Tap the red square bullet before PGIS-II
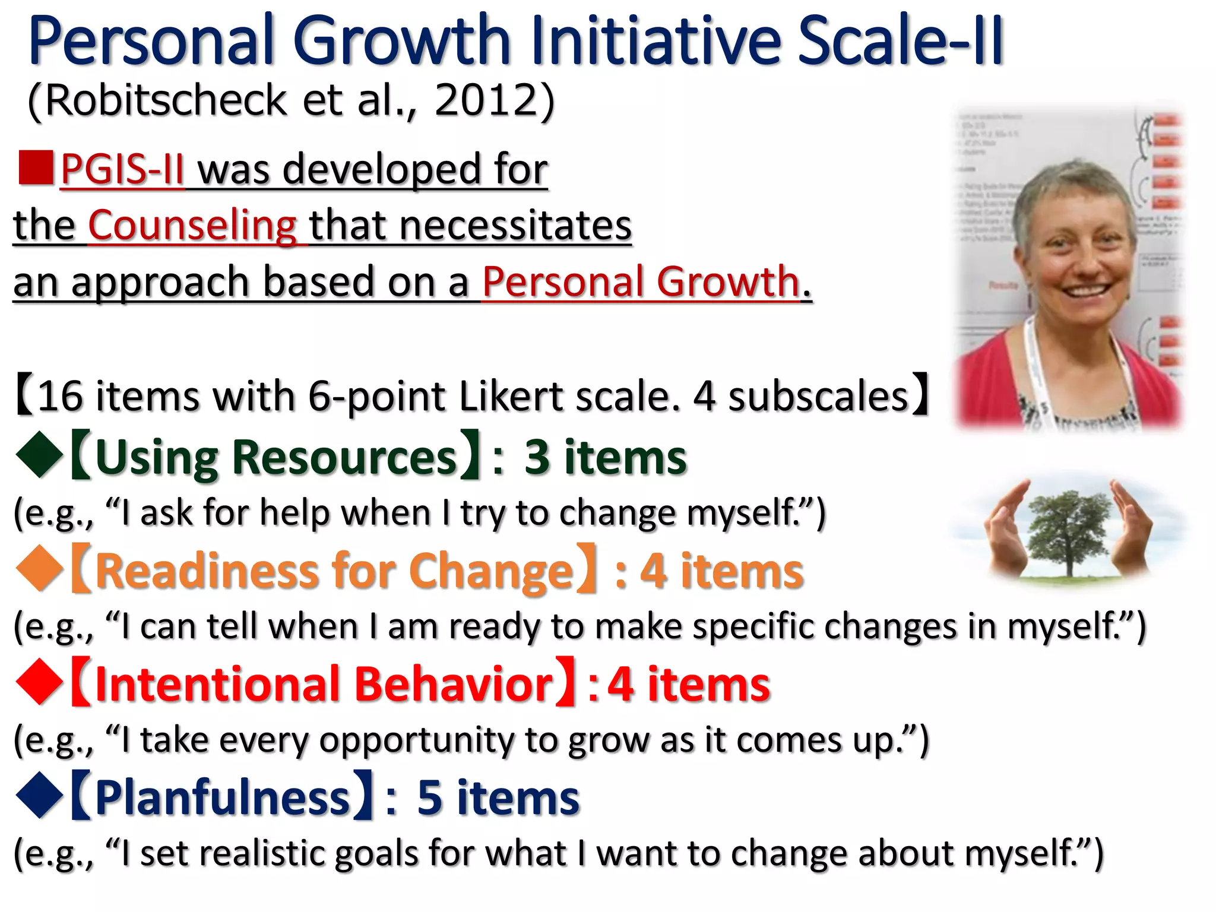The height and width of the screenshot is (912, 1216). pos(36,168)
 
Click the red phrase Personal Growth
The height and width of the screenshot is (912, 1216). pos(641,281)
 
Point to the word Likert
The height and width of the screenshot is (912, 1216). pos(511,396)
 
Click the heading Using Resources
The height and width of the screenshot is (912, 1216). pos(275,457)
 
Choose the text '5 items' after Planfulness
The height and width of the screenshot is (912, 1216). pos(498,797)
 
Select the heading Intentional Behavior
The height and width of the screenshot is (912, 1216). pos(324,684)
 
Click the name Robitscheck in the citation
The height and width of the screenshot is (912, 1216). pos(166,101)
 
